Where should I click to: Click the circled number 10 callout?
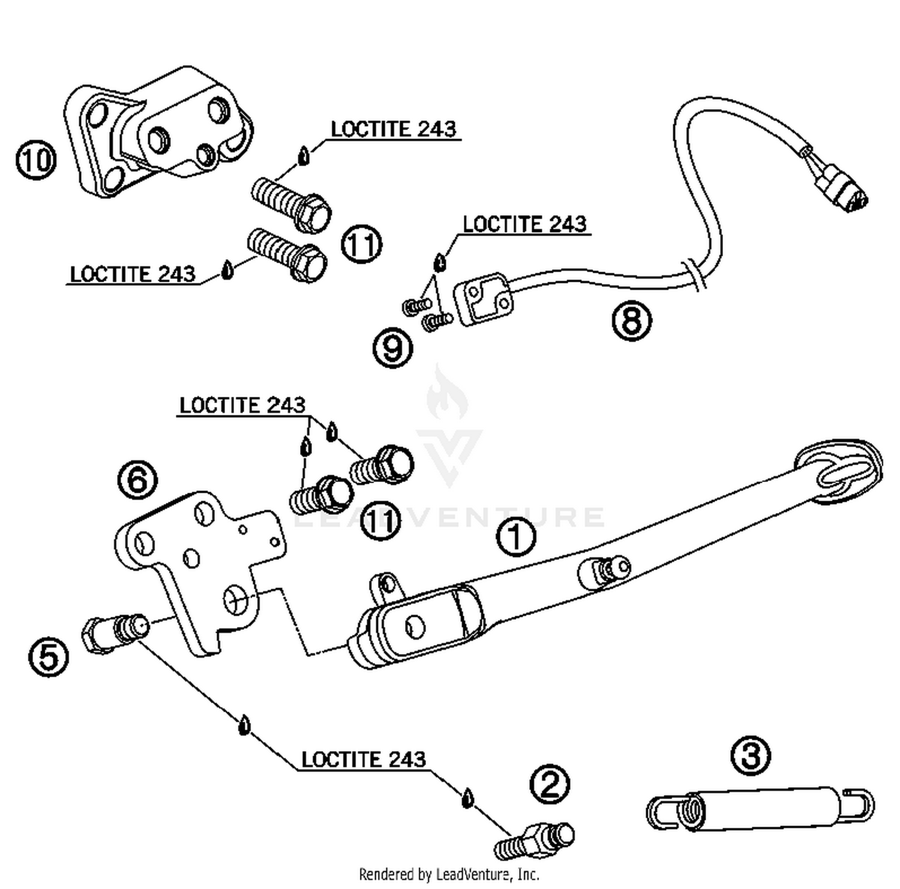coord(35,160)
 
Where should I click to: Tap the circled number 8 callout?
coord(632,320)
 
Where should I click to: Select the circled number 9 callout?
coord(393,348)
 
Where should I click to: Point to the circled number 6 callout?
coord(137,480)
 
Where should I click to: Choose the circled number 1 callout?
coord(517,537)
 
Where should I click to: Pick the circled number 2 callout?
coord(550,784)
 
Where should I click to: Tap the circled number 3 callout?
coord(751,756)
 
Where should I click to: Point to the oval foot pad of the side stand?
coord(839,472)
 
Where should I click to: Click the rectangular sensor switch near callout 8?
coord(484,299)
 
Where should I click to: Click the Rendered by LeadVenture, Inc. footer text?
coord(449,874)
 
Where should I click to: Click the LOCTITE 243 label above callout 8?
coord(524,224)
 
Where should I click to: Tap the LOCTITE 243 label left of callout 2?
coord(364,759)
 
